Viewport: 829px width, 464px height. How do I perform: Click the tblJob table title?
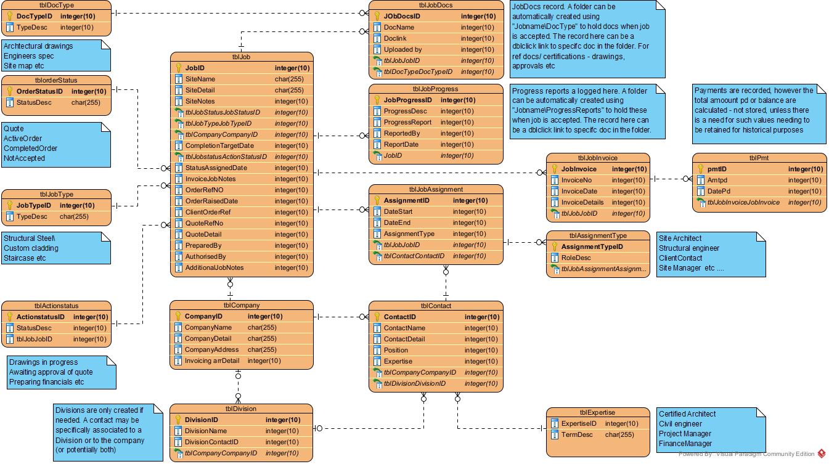point(241,57)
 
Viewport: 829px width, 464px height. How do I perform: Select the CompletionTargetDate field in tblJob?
point(219,145)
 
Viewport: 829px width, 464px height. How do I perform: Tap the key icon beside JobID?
point(179,68)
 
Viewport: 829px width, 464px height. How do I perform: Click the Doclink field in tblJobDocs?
point(395,38)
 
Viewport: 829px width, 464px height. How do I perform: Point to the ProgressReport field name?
point(407,122)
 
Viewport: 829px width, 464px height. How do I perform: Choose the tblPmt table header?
point(759,158)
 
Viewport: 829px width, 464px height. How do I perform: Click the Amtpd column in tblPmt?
point(717,180)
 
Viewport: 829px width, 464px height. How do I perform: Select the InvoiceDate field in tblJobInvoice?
point(579,191)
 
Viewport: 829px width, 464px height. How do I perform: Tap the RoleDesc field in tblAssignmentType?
point(576,258)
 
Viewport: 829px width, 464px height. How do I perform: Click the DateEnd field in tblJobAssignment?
point(397,222)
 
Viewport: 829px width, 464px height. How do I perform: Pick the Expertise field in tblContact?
point(398,361)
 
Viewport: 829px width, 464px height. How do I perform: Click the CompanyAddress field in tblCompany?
point(211,349)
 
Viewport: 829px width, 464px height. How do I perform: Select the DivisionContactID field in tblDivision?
point(211,442)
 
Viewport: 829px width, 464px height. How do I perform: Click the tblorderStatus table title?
point(56,80)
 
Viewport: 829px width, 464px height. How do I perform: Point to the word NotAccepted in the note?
point(24,158)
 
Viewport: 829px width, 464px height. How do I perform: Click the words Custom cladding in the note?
point(31,248)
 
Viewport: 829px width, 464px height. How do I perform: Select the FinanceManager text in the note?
point(685,444)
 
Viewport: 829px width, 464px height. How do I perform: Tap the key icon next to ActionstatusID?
point(10,317)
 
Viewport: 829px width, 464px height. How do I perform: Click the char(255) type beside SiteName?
point(289,79)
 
